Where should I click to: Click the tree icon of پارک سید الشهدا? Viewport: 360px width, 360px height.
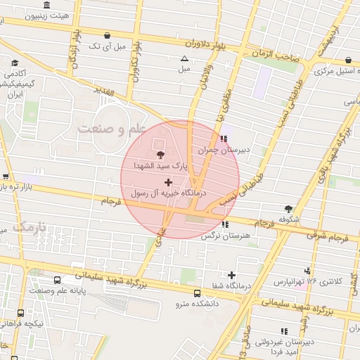pyautogui.click(x=161, y=154)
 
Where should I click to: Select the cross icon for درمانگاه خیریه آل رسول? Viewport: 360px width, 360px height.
pyautogui.click(x=167, y=182)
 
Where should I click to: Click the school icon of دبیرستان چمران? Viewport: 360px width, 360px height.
pyautogui.click(x=224, y=138)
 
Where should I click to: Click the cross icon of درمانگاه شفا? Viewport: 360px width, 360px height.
pyautogui.click(x=231, y=275)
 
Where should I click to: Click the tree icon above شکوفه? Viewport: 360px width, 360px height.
pyautogui.click(x=288, y=208)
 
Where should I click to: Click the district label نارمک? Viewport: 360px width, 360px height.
pyautogui.click(x=29, y=227)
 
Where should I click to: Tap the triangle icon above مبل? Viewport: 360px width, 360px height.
pyautogui.click(x=184, y=58)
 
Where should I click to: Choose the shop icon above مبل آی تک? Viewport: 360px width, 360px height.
pyautogui.click(x=107, y=35)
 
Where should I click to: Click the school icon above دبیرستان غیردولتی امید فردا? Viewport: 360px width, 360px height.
pyautogui.click(x=284, y=330)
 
